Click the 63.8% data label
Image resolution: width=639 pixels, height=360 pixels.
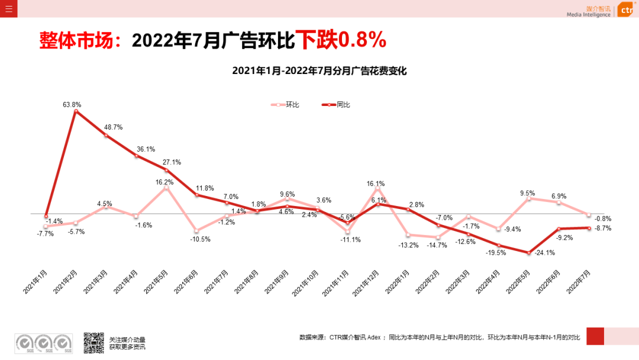point(72,105)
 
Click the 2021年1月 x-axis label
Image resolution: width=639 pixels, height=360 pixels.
point(36,278)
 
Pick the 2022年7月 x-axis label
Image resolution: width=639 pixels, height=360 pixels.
point(577,278)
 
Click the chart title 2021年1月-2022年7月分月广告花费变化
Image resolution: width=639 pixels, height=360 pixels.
point(319,71)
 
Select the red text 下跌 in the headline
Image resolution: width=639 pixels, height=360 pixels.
point(316,40)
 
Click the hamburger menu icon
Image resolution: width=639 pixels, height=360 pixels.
point(8,8)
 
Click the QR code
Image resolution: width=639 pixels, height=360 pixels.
point(93,342)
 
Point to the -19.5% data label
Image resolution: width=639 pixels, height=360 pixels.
point(496,252)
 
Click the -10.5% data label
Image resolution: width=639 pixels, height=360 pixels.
point(200,239)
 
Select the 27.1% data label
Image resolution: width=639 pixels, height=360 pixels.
point(172,162)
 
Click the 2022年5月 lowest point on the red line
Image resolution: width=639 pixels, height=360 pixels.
point(528,253)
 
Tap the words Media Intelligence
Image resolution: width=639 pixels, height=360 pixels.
point(588,15)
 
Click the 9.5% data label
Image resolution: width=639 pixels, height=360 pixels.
point(527,193)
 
